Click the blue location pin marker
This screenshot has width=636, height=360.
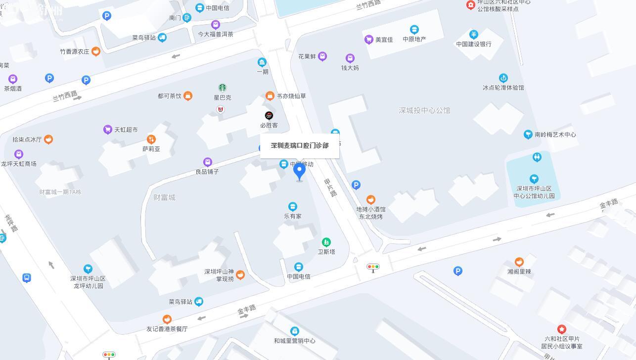299,171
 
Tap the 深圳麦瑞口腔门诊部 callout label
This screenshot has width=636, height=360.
300,145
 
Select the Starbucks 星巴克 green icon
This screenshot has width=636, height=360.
223,88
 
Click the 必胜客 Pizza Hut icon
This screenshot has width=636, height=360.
269,116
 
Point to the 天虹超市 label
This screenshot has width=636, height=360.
126,130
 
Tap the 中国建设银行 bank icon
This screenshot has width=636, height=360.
473,35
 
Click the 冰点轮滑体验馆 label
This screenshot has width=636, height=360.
503,88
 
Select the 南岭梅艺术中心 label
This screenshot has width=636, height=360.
555,135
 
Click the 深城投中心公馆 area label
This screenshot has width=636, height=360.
424,110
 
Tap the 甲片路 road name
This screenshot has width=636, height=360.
331,188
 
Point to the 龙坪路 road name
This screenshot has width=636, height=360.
11,223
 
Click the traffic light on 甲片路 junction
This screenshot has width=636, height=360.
373,268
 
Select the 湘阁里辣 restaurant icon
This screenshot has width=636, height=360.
519,262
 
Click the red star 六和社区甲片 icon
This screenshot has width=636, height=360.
561,329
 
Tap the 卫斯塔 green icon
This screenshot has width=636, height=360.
326,242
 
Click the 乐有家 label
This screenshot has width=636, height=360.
292,216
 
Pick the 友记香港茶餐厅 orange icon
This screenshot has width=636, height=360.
167,319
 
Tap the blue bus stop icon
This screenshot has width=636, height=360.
27,278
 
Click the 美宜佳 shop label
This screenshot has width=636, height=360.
384,40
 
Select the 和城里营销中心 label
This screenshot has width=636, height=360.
294,341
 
